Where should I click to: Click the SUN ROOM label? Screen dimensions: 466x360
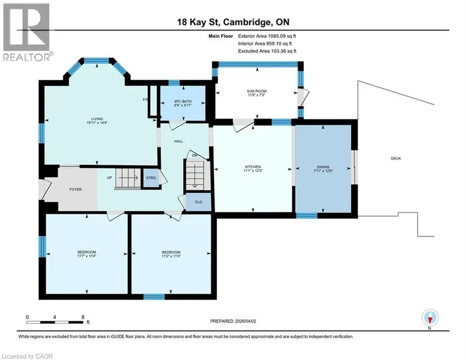pos(256,91)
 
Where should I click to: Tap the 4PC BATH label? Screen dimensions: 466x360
pos(183,101)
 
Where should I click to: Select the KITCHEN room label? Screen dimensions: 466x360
pos(253,167)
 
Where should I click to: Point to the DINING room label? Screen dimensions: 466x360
pos(323,167)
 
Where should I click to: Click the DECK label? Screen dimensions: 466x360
pos(396,158)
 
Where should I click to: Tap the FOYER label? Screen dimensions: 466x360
pos(76,189)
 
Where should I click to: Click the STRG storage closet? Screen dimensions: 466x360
pos(151,178)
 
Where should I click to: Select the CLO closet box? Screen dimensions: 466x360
pos(198,202)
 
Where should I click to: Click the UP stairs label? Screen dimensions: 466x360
pos(110,178)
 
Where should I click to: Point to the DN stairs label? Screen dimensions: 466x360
pos(195,155)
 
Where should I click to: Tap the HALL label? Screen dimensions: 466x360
pos(178,141)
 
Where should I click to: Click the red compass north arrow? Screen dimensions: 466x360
pos(430,320)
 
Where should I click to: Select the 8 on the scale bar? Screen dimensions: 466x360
pos(83,317)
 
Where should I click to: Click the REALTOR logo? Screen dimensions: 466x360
pos(28,32)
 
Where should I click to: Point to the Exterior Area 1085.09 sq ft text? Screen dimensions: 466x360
pos(267,36)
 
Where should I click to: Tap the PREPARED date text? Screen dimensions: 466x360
pos(233,321)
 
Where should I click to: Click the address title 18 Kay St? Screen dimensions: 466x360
pos(198,22)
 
